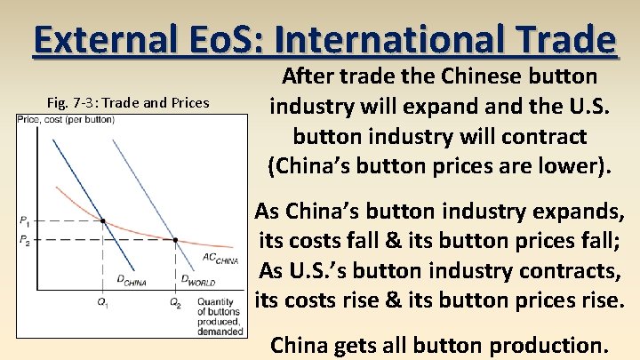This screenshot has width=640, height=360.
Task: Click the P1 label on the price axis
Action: tap(24, 220)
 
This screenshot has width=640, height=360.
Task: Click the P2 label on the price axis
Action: tap(24, 240)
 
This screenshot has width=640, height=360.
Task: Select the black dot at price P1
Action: tap(103, 220)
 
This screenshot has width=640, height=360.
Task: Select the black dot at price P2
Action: tap(175, 240)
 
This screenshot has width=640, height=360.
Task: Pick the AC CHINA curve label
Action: tap(220, 259)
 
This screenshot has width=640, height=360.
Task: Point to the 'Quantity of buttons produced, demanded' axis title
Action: tap(221, 316)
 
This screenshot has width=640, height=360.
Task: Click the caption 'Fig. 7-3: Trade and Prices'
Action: tap(128, 102)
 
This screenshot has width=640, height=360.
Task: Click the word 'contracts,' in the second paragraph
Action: tap(568, 270)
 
